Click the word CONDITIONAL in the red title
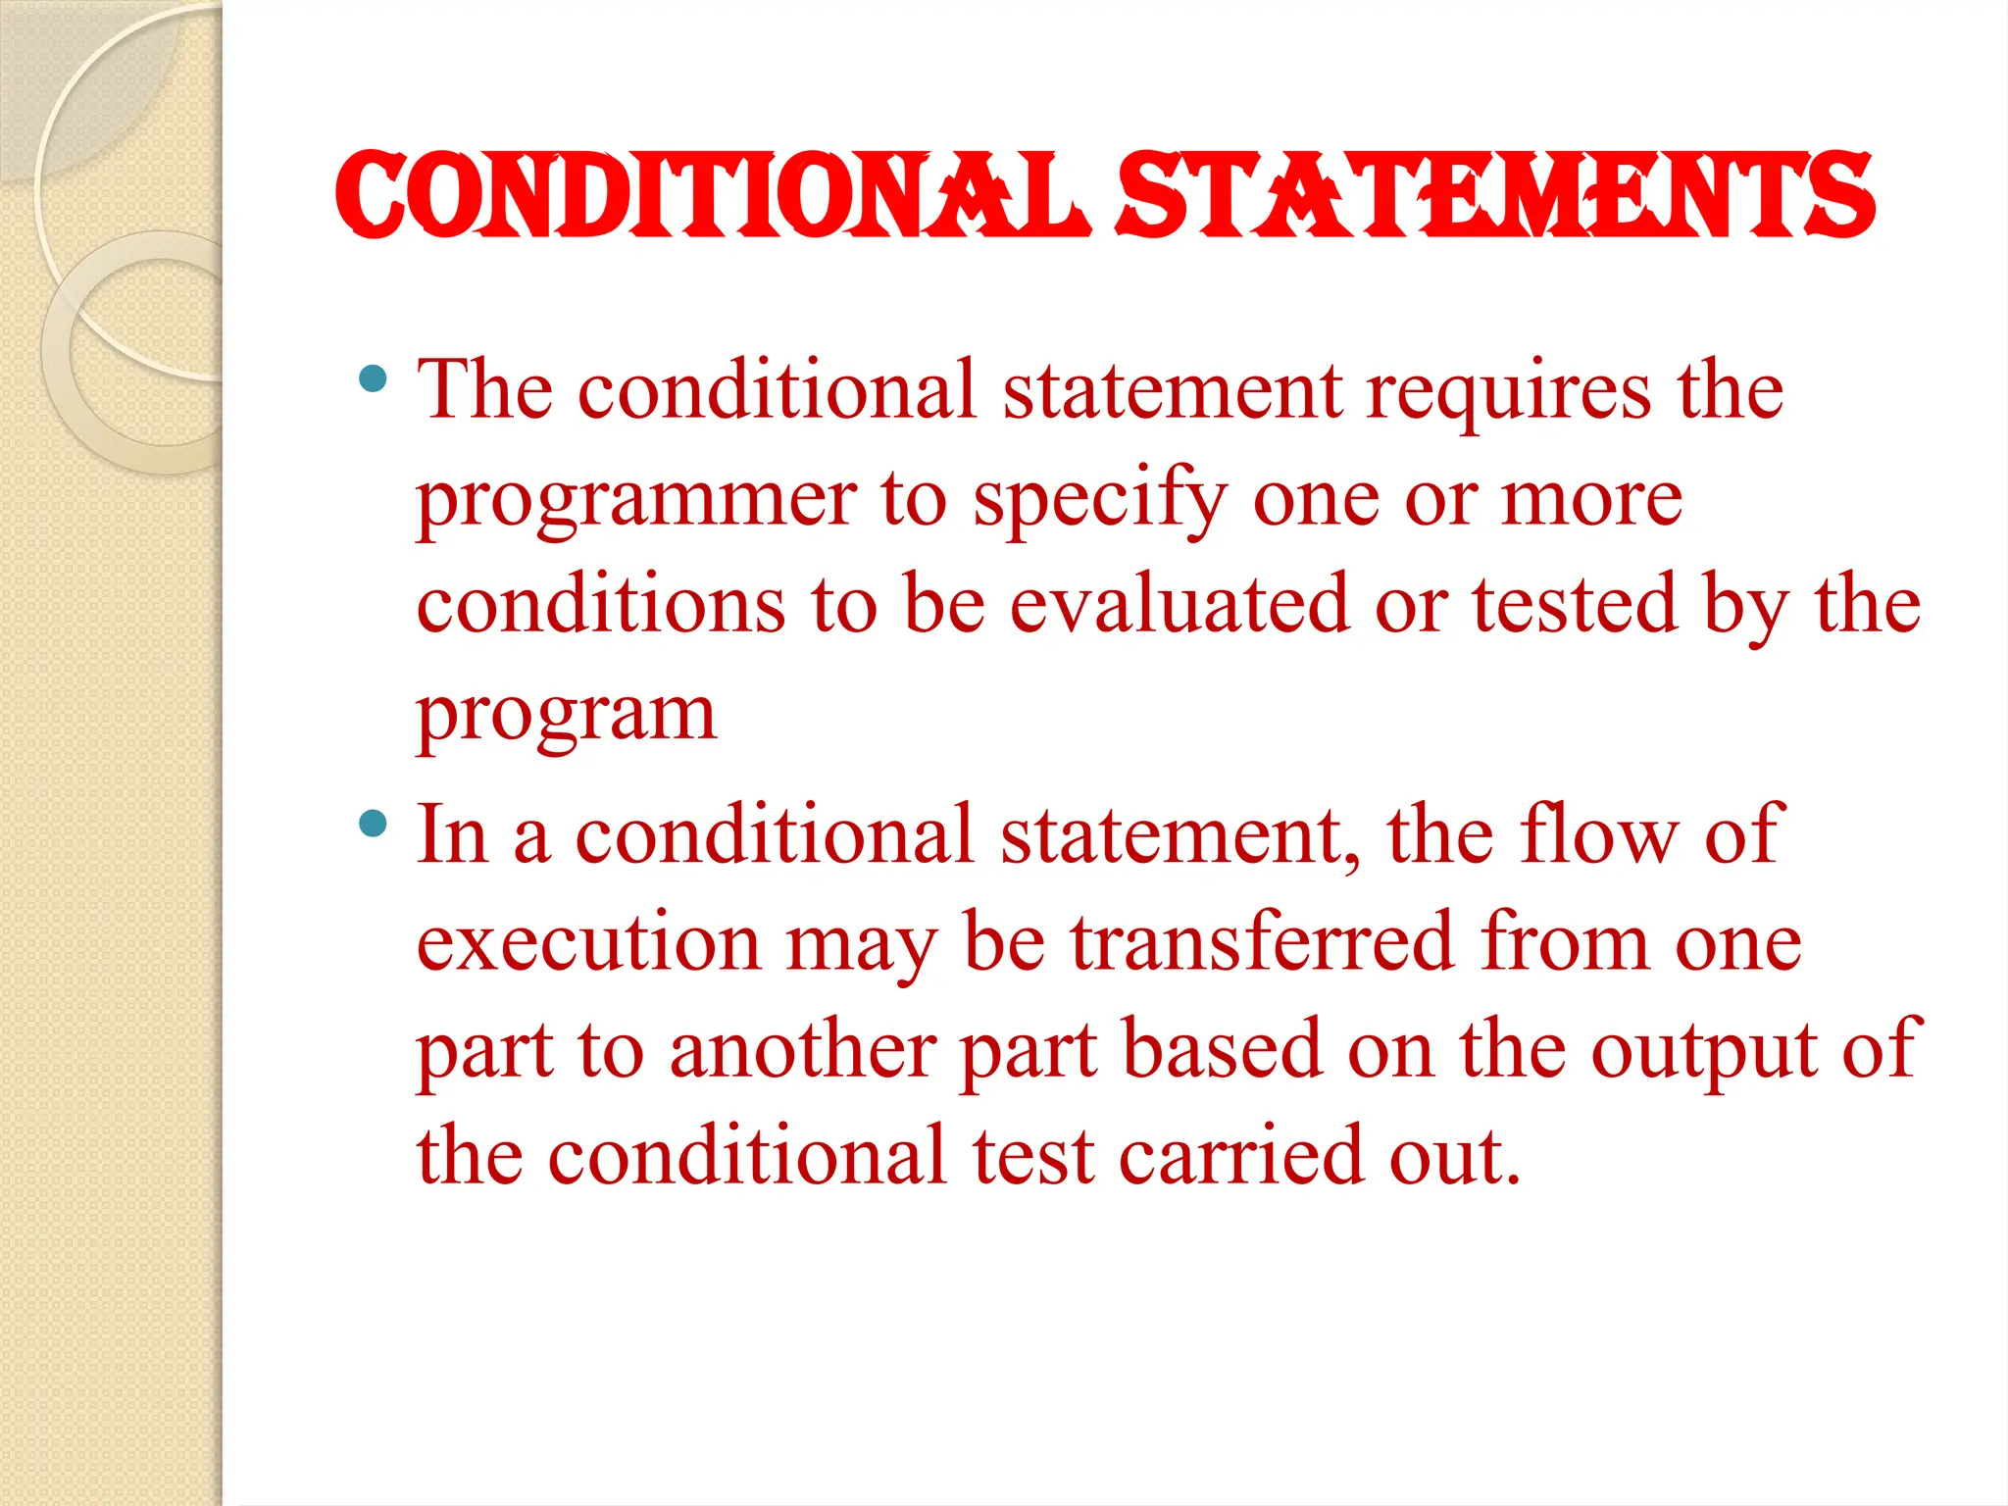713,195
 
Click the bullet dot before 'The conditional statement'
373,378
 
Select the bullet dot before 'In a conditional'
373,823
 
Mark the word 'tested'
1574,605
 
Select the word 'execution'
588,943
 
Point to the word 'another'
802,1051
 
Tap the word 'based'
1222,1051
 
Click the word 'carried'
1241,1157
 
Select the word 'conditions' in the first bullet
600,605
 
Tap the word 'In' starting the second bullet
452,835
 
